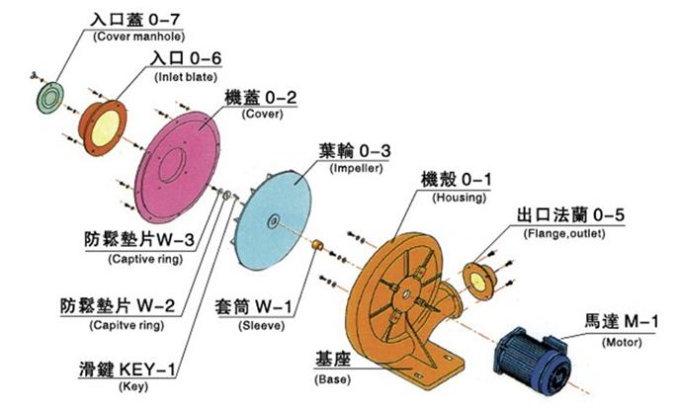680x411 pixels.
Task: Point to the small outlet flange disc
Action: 477,283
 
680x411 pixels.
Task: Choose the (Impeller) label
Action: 351,169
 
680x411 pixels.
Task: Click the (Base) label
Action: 328,380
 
